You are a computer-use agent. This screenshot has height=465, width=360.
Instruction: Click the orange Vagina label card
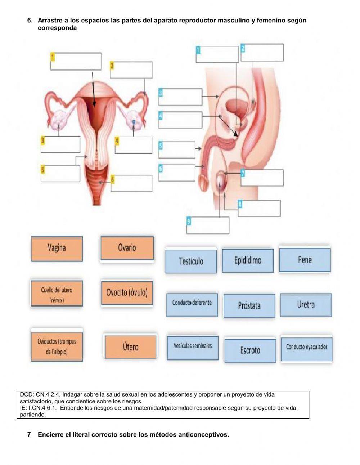click(x=57, y=248)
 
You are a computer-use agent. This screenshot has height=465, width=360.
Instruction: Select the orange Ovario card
click(x=127, y=248)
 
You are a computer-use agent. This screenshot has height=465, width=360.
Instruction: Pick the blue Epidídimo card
click(x=248, y=260)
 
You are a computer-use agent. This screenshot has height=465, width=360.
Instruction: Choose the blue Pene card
click(x=305, y=260)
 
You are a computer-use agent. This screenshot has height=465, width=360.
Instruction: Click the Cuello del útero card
click(x=57, y=293)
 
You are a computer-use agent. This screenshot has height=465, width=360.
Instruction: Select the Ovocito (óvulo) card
click(x=127, y=292)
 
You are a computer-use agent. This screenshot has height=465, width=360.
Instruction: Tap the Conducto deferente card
click(x=192, y=305)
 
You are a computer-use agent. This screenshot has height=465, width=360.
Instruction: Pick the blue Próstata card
click(x=249, y=306)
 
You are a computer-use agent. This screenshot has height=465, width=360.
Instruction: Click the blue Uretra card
click(x=306, y=305)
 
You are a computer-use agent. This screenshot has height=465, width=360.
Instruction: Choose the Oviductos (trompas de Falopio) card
click(x=57, y=345)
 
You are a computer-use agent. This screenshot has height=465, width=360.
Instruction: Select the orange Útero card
click(x=130, y=347)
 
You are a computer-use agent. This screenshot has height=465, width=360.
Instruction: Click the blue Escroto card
click(x=250, y=350)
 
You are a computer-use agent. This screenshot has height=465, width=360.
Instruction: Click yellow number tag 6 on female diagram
click(x=113, y=179)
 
